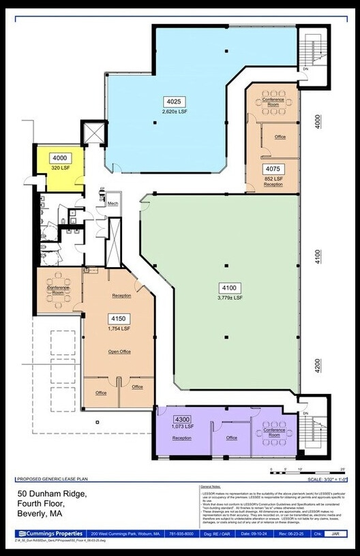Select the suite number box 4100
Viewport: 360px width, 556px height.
[x=226, y=288]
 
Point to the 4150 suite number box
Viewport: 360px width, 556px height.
[x=118, y=318]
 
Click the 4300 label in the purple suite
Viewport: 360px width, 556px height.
[x=182, y=419]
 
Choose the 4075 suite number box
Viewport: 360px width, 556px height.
[x=273, y=169]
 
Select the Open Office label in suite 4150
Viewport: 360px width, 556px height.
[x=119, y=352]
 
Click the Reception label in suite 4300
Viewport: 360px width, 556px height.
[x=181, y=437]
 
